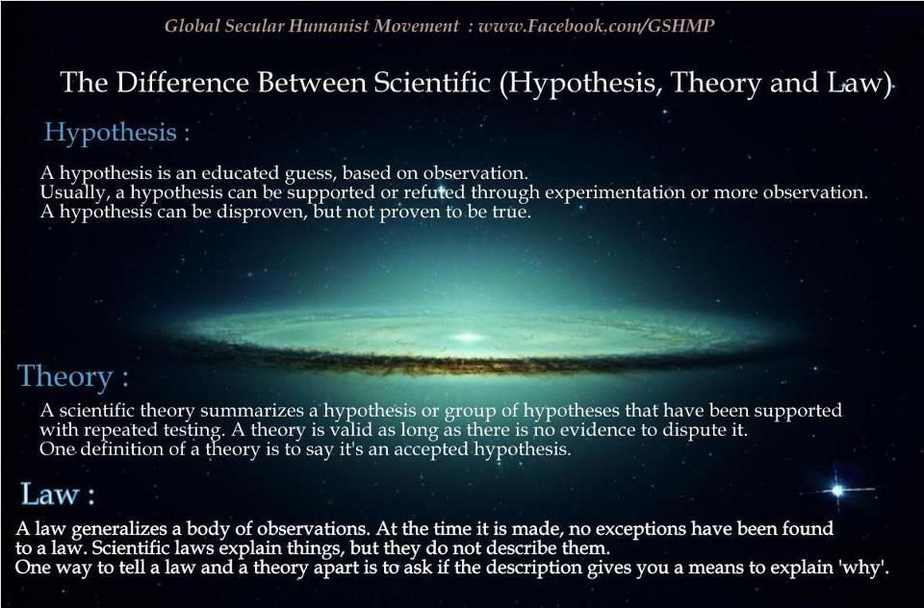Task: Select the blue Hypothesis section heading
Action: [x=111, y=132]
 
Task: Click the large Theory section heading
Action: [x=64, y=375]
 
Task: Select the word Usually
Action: [x=66, y=192]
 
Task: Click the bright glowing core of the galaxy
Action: [x=469, y=337]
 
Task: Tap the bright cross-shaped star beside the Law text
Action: [x=837, y=491]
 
